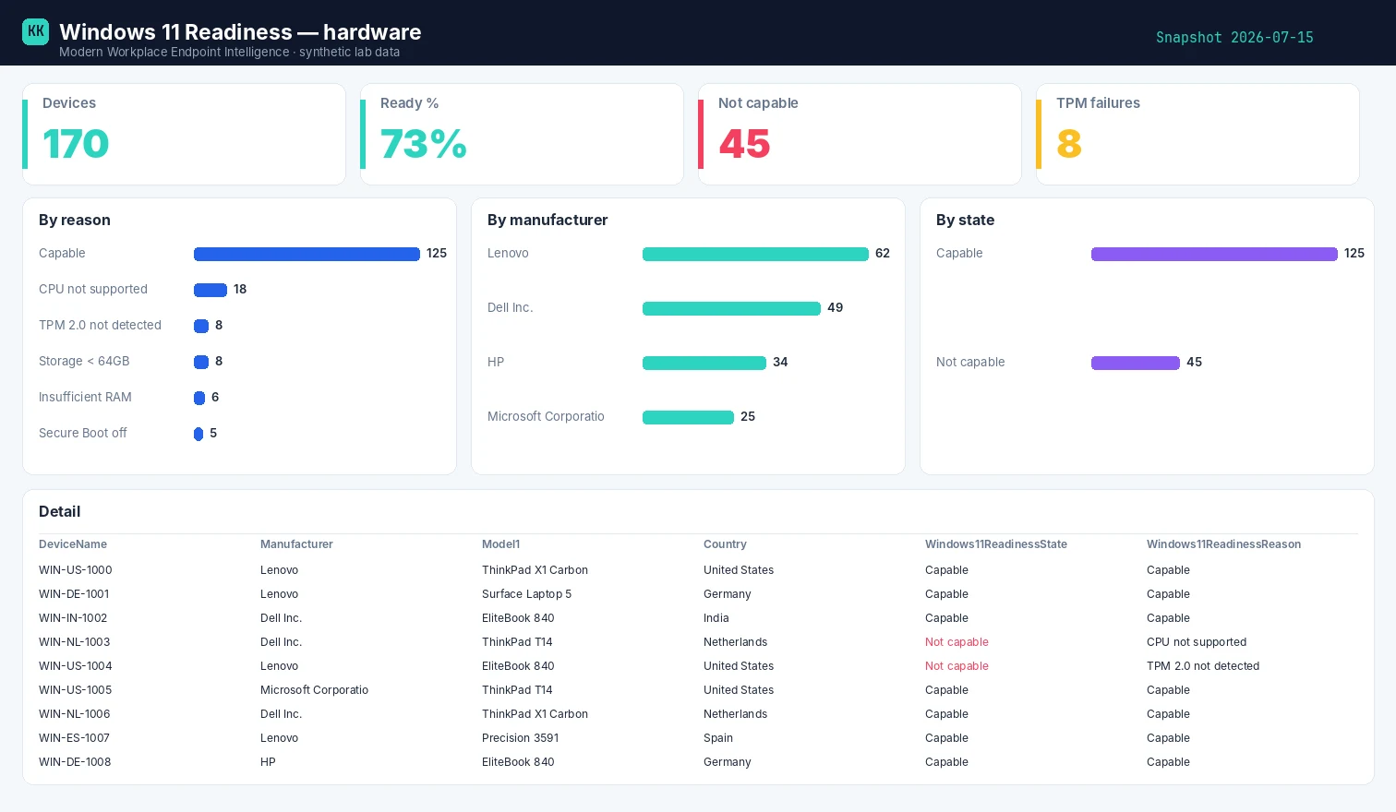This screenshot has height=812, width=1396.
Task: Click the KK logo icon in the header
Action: coord(35,31)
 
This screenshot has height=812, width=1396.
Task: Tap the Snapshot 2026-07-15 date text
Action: coord(1234,37)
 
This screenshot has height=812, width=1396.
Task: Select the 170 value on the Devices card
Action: coord(76,144)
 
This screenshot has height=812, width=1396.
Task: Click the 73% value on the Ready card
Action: coord(423,144)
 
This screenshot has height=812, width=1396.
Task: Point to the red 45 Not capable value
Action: coord(744,144)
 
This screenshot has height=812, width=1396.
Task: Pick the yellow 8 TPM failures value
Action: coord(1069,144)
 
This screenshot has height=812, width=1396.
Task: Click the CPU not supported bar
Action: coord(210,290)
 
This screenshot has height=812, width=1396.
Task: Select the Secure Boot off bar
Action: coord(199,434)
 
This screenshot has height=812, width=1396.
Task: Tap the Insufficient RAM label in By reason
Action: coord(85,398)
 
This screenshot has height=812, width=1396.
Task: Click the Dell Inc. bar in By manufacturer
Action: coord(731,308)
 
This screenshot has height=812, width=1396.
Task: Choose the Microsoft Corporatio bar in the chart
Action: coord(688,417)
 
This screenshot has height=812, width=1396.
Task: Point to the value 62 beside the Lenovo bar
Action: coord(883,254)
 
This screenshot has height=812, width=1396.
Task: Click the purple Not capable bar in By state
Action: coord(1136,363)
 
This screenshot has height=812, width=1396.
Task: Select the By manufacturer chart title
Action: coord(548,220)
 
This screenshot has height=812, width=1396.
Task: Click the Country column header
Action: coord(725,544)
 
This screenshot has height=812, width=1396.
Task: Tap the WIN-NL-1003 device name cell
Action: coord(74,642)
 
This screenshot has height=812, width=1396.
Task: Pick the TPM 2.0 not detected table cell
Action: coord(1203,666)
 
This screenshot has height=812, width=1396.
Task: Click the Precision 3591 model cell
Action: coord(520,738)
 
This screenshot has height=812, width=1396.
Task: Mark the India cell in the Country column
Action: coord(716,618)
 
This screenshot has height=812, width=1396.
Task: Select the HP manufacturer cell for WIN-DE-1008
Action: coord(268,762)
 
